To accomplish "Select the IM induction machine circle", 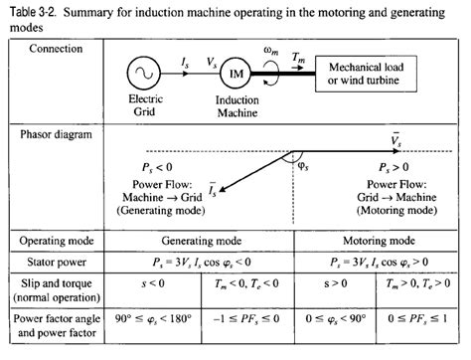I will click(x=236, y=73).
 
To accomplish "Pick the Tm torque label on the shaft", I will click(x=300, y=60).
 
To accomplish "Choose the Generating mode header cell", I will click(x=207, y=241).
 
